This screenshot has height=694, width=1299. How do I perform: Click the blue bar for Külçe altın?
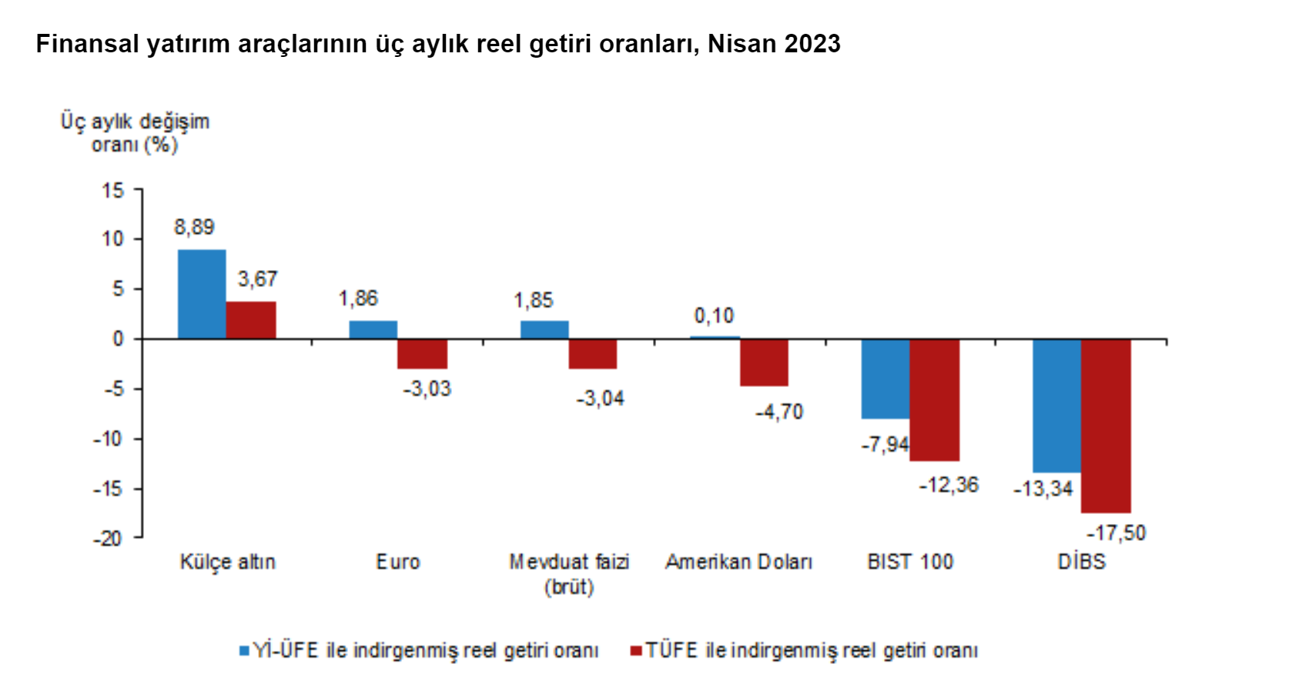tap(202, 294)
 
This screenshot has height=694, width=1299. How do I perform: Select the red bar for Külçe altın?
tap(251, 320)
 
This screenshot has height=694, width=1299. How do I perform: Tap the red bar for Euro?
tap(422, 354)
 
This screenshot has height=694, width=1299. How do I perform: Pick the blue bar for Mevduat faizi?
tap(544, 330)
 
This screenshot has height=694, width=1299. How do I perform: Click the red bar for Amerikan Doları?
tap(764, 362)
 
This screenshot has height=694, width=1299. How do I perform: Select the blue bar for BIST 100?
tap(886, 379)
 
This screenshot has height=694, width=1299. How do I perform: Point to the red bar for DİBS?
tap(1106, 425)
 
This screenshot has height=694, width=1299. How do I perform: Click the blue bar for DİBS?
tap(1056, 405)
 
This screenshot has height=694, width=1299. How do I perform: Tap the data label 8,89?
tap(194, 227)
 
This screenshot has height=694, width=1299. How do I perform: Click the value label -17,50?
tap(1116, 532)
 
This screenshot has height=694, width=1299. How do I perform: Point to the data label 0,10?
tap(714, 315)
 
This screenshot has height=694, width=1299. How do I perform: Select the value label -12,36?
tap(949, 485)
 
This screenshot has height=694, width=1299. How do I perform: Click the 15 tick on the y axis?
tap(113, 190)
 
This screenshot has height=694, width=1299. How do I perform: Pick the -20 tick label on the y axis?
tap(108, 539)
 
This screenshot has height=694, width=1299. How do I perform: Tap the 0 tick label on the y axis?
tap(118, 339)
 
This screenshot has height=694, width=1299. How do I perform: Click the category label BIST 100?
tap(910, 562)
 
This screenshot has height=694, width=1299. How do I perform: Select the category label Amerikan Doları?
tap(738, 562)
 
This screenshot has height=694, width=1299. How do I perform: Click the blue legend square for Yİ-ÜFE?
tap(244, 651)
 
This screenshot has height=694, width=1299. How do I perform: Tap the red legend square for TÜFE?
tap(636, 651)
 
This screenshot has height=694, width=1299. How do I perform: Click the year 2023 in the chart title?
tap(812, 44)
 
